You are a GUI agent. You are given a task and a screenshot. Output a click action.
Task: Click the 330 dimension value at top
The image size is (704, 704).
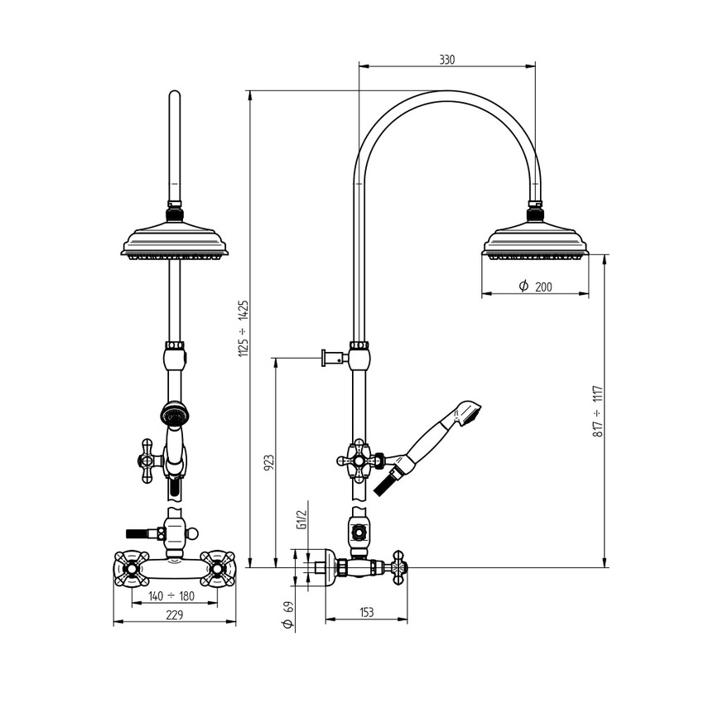click(446, 60)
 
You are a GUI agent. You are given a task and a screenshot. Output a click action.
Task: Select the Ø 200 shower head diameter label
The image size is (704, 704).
click(535, 287)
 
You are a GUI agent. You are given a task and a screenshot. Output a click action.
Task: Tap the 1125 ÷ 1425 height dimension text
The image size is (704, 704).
click(244, 328)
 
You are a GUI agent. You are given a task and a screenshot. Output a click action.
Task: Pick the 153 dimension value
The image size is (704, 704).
click(366, 612)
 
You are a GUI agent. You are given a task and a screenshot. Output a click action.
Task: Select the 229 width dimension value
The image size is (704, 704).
click(174, 615)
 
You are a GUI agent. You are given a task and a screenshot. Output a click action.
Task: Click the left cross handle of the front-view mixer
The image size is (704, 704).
click(130, 568)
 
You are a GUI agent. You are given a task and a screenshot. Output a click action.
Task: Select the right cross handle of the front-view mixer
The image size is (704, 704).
click(219, 568)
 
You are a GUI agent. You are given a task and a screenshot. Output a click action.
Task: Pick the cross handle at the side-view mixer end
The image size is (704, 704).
click(399, 567)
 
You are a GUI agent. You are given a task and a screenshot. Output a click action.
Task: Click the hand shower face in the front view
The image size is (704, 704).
click(175, 412)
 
